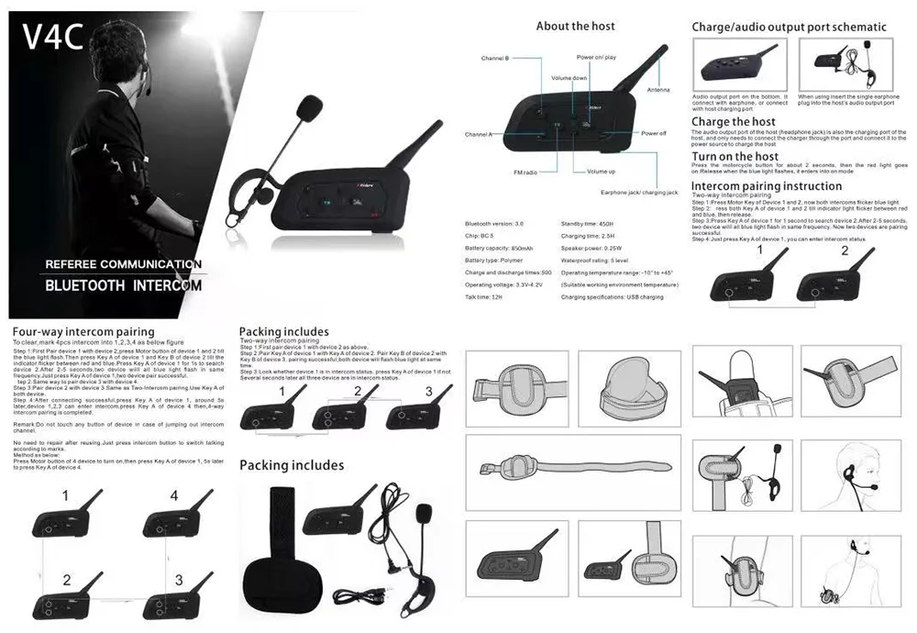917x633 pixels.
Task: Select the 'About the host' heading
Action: click(x=575, y=26)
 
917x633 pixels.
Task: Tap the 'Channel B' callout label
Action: click(x=495, y=59)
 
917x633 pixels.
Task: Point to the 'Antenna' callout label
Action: click(x=657, y=90)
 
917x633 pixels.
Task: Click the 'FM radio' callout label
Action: click(x=525, y=172)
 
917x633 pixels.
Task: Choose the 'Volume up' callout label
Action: click(x=601, y=172)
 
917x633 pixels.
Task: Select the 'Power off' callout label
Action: click(x=653, y=133)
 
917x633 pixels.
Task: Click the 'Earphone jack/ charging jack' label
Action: click(x=639, y=193)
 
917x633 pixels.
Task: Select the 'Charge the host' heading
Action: click(x=733, y=121)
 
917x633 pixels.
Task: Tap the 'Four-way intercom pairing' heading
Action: click(x=83, y=331)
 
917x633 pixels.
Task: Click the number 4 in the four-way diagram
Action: click(x=173, y=495)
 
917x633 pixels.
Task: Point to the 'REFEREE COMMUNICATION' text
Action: click(x=124, y=264)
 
